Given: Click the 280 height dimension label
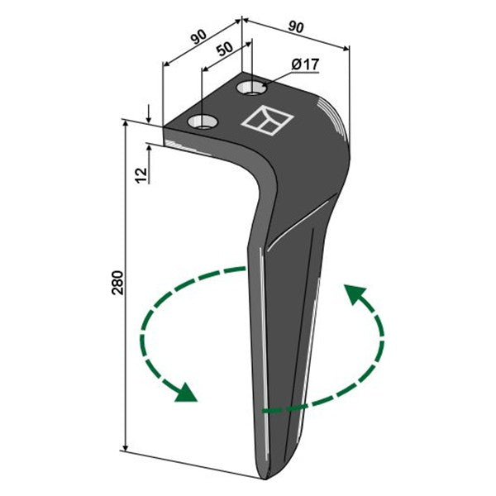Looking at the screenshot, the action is [x=117, y=283].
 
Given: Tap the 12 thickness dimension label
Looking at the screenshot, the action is [x=141, y=175].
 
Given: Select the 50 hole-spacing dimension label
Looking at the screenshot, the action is [x=225, y=49].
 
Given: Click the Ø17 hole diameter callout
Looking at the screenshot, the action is [x=305, y=64].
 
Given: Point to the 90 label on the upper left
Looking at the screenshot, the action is [x=198, y=36].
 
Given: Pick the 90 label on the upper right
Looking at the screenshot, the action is [x=296, y=27].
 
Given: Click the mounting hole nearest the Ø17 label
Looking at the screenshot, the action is [x=252, y=88].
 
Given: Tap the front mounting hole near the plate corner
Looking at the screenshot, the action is [x=203, y=122].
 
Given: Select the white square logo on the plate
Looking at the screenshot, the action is [x=268, y=121].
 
